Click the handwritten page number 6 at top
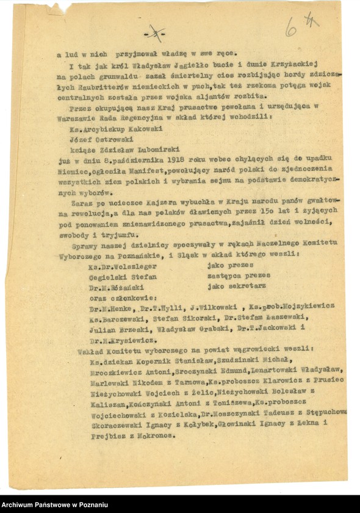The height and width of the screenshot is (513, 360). click(x=291, y=26)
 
